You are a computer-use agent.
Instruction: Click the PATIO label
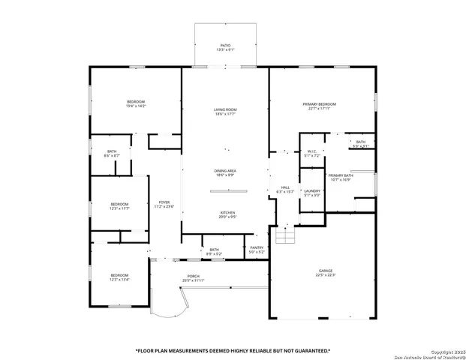click(x=225, y=45)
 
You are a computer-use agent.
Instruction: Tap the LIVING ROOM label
click(x=225, y=109)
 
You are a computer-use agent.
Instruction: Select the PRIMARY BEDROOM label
click(x=319, y=103)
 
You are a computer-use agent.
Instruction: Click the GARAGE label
click(x=325, y=270)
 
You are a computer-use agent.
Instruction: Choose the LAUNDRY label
click(x=312, y=191)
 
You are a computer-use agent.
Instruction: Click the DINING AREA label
click(x=225, y=171)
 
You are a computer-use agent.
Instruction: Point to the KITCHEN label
click(x=228, y=212)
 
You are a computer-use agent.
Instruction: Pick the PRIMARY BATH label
click(x=340, y=175)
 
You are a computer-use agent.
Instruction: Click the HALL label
click(x=285, y=187)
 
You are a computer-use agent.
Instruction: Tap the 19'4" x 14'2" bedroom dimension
click(x=136, y=106)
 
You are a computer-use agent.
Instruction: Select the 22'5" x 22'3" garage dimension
click(x=325, y=275)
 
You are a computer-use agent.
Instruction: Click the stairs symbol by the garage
click(x=286, y=236)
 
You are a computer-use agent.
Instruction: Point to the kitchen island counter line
click(x=229, y=191)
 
